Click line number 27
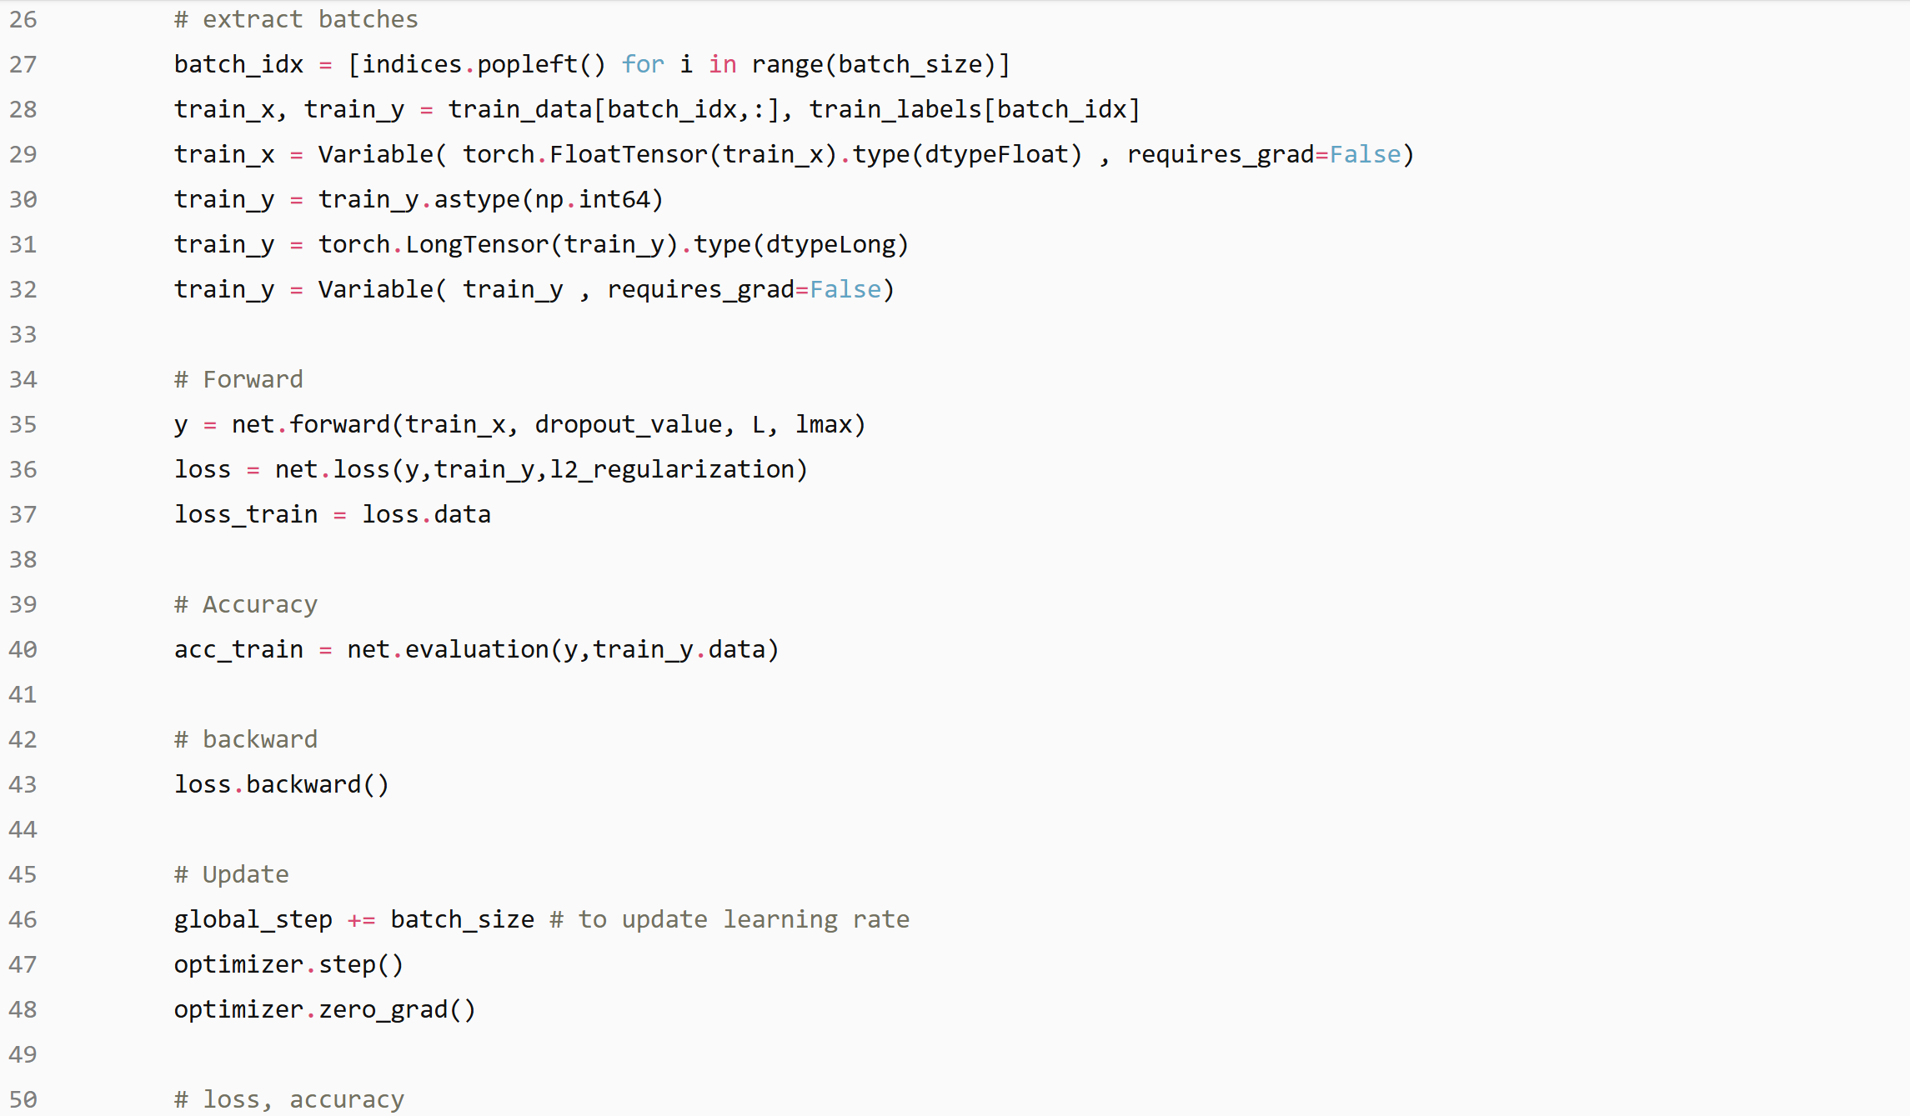[23, 64]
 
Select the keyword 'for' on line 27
[643, 64]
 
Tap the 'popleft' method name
[528, 64]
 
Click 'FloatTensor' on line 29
[628, 154]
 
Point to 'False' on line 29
[1365, 154]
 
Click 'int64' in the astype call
[614, 199]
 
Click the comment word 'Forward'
[253, 379]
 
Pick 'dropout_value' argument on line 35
[629, 424]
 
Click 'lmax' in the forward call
[823, 424]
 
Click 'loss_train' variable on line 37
[246, 514]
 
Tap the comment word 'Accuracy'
[259, 604]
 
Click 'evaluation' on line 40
[477, 649]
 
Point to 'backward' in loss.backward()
[303, 784]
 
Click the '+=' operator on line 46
[361, 919]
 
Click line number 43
[23, 784]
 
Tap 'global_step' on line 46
[253, 919]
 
